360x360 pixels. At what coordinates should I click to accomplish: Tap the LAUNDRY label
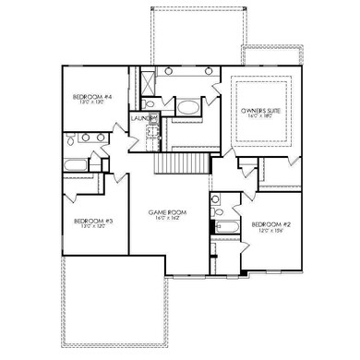click(141, 119)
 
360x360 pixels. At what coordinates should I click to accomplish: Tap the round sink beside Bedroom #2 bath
click(215, 198)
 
